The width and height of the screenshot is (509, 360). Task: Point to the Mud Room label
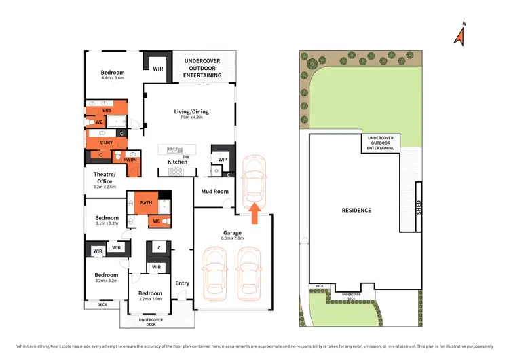pyautogui.click(x=214, y=192)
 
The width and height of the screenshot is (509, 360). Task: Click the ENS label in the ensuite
pyautogui.click(x=107, y=110)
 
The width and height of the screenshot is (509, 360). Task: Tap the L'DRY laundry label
pyautogui.click(x=106, y=142)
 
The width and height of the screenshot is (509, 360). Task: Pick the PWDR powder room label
pyautogui.click(x=130, y=160)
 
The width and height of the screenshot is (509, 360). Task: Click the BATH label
pyautogui.click(x=146, y=202)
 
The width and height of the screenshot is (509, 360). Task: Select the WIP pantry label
pyautogui.click(x=222, y=160)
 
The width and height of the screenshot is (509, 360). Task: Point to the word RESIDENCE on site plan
pyautogui.click(x=356, y=211)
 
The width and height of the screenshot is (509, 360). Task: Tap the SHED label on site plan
pyautogui.click(x=418, y=208)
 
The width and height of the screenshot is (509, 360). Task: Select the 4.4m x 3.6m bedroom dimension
pyautogui.click(x=113, y=78)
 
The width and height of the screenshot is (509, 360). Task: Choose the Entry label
pyautogui.click(x=182, y=283)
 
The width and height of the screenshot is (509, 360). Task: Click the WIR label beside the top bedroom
pyautogui.click(x=157, y=69)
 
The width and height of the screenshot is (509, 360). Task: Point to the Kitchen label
pyautogui.click(x=177, y=162)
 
